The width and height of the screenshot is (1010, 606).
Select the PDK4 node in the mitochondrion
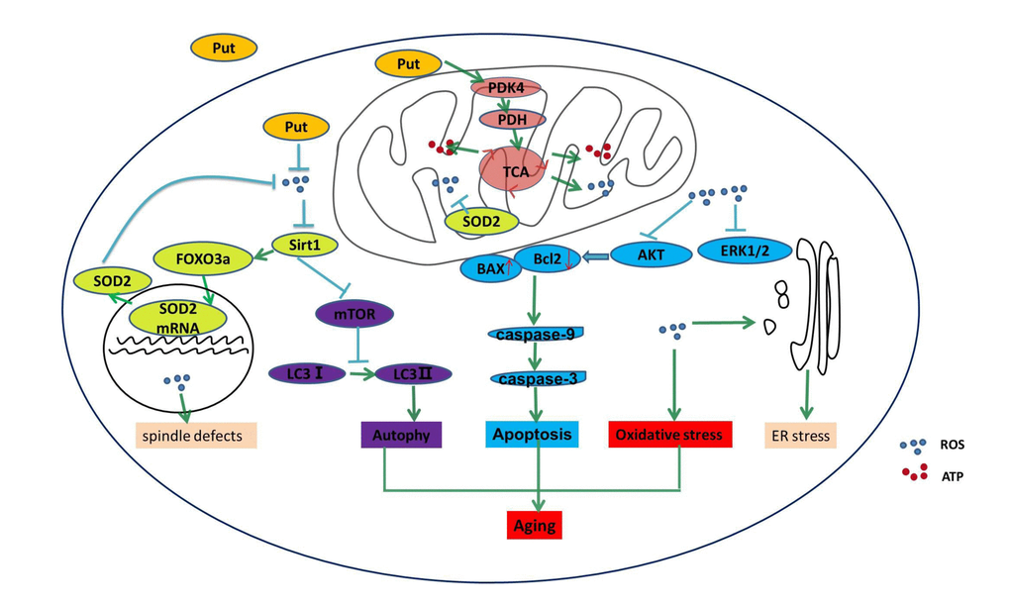(x=505, y=88)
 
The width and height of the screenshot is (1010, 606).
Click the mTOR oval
(x=354, y=314)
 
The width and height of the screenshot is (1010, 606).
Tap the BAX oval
(x=492, y=267)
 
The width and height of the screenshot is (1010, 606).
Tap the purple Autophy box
(x=401, y=434)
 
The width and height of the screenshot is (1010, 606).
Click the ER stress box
(x=801, y=434)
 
